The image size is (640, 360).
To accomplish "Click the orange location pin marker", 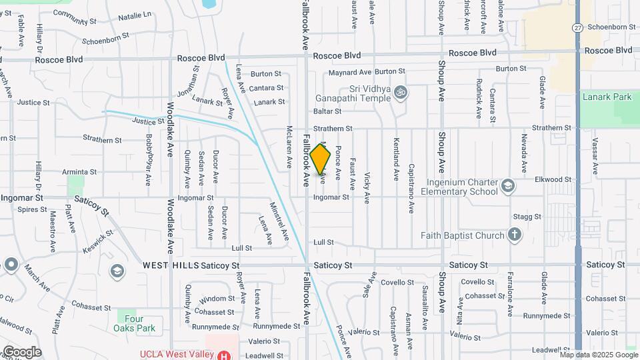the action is click(321, 159).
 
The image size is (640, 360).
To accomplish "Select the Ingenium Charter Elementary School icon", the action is click(507, 185).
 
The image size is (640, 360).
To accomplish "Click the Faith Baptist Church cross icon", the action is click(514, 235).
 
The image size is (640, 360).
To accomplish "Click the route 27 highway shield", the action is click(577, 27).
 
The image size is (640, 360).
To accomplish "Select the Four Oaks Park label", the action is click(136, 323).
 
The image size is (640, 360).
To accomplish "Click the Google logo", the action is click(21, 352).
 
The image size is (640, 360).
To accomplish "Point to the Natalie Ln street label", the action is click(135, 14).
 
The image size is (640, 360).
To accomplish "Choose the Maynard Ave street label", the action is click(350, 72).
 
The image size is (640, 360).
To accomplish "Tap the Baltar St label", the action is click(328, 111).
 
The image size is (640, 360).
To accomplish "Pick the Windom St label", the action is click(217, 299).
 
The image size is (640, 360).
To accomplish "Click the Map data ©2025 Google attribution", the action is click(598, 355).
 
